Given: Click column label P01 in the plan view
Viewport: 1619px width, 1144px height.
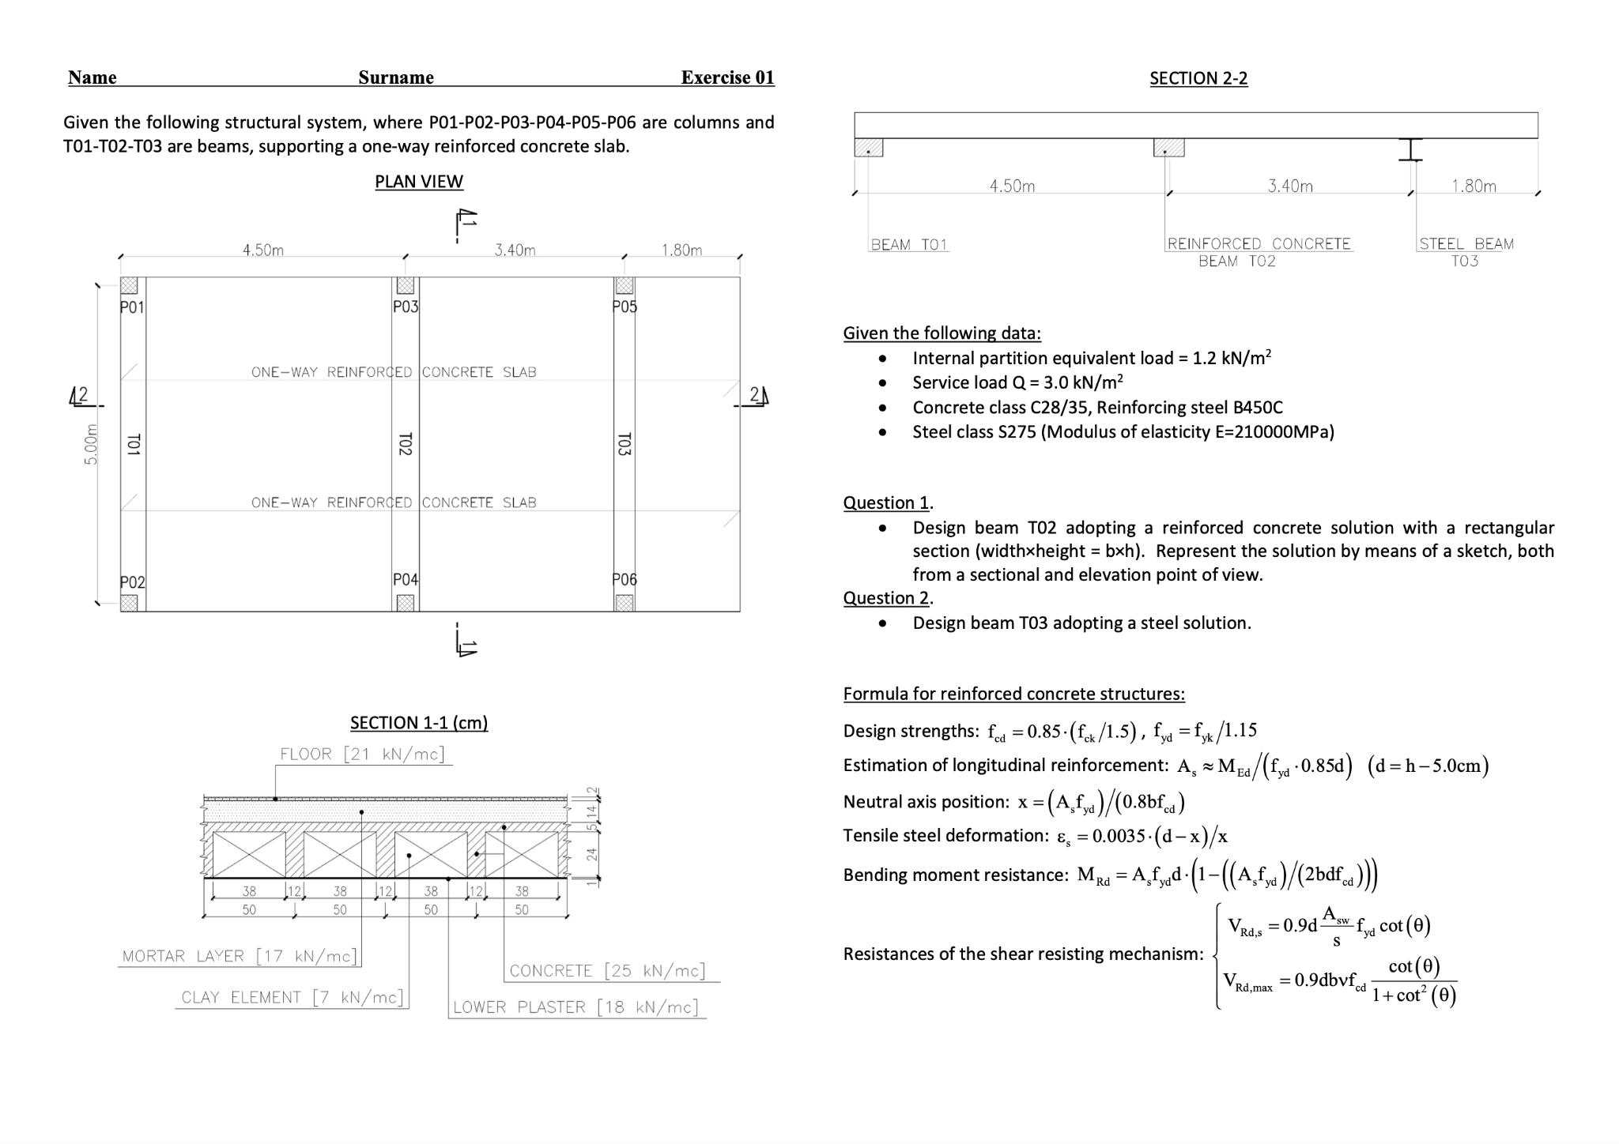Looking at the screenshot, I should tap(132, 307).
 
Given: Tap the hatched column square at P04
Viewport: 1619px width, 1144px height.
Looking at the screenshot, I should tap(406, 603).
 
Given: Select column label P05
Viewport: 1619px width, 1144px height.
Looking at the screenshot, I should tap(625, 307).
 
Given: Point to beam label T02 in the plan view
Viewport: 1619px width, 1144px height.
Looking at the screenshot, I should tap(405, 444).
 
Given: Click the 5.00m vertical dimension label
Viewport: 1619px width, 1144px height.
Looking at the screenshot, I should tap(91, 444).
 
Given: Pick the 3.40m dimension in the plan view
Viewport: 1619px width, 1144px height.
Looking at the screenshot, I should tap(515, 250).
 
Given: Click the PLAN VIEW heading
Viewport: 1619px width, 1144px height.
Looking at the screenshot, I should tap(419, 182).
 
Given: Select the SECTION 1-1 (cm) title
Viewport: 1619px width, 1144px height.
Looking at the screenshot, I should tap(419, 722).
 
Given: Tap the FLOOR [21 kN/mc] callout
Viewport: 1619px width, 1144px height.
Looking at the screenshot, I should tap(363, 754).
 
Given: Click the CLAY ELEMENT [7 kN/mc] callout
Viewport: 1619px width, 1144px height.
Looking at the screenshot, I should tap(292, 997).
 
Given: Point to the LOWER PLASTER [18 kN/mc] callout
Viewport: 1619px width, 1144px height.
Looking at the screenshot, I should tap(576, 1007).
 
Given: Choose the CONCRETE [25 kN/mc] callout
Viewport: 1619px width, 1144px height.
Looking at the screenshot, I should tap(607, 970).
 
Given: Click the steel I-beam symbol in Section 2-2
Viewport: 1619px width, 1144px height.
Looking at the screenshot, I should tap(1410, 149).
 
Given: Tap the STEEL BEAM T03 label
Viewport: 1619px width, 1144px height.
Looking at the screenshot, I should tap(1466, 252).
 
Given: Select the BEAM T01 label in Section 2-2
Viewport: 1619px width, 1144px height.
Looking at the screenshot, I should tap(909, 244).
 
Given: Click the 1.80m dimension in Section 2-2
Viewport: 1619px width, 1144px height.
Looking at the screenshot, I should tap(1474, 186).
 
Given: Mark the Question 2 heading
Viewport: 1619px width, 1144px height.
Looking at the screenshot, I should tap(886, 598).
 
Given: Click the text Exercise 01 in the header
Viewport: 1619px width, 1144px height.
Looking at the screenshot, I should tap(727, 77).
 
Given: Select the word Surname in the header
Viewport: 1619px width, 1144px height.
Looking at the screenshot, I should tap(396, 77).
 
